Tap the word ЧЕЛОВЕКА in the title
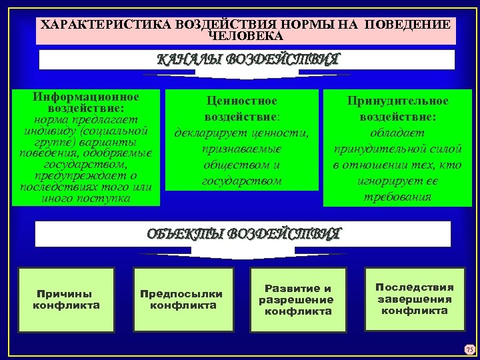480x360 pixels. (246, 36)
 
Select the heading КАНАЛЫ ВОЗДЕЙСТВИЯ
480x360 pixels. (247, 59)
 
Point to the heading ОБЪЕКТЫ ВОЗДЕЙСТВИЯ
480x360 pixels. (243, 234)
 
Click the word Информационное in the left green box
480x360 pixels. (86, 98)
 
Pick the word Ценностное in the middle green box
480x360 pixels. (241, 101)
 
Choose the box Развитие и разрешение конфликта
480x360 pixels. (298, 300)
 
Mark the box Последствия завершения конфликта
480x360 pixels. (414, 299)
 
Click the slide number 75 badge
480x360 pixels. (469, 349)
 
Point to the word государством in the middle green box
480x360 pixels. (241, 181)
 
